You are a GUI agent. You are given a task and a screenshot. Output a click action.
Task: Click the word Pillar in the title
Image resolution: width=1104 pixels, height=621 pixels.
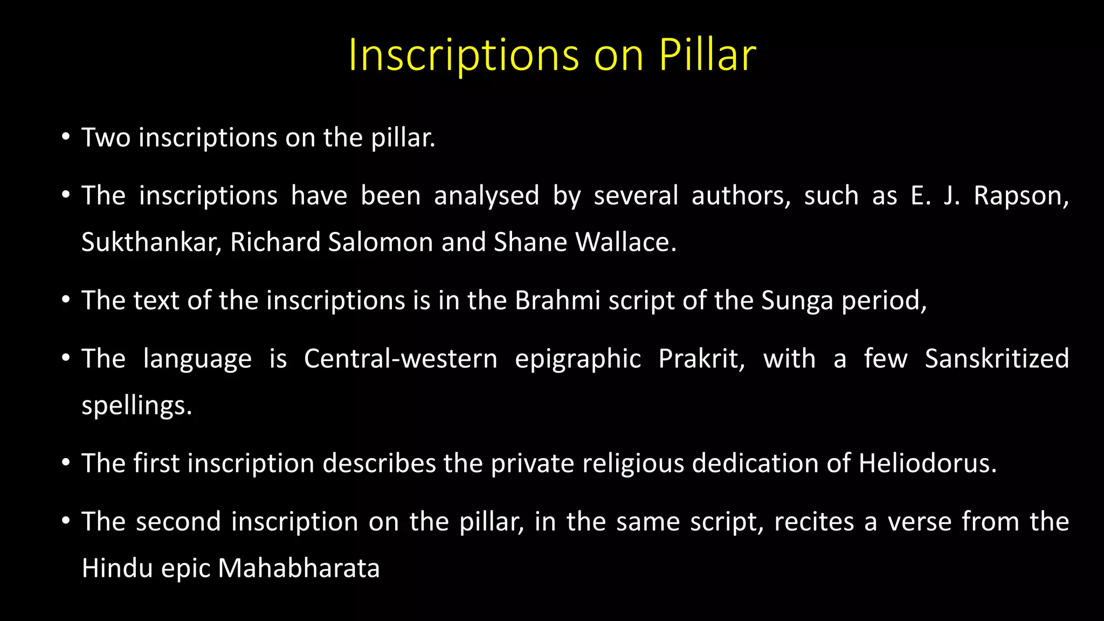coord(707,55)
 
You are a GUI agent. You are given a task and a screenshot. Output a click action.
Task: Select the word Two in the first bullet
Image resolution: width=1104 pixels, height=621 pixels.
coord(106,138)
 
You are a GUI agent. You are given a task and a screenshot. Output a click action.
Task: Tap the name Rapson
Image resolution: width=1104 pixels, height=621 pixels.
coord(1021,196)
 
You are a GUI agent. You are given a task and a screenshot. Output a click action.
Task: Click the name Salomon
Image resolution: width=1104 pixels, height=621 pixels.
coord(381,242)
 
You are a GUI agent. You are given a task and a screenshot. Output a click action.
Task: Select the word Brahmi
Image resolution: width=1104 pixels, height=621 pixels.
coord(557,300)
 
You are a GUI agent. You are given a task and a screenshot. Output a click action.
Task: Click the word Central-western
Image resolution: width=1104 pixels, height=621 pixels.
coord(401,358)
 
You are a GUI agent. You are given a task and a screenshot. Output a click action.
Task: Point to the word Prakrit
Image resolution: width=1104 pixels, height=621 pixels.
coord(701,358)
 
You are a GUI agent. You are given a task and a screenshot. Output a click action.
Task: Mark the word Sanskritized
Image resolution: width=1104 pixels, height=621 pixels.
coord(997,358)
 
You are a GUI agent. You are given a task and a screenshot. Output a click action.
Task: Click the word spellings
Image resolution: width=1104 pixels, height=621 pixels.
coord(136,406)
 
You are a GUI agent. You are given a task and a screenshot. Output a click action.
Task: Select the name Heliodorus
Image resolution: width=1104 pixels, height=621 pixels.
coord(927,464)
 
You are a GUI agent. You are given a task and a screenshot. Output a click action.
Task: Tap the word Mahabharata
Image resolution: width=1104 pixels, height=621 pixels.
coord(299,568)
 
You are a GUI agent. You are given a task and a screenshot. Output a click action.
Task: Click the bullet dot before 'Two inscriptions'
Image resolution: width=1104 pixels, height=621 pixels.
coord(66,137)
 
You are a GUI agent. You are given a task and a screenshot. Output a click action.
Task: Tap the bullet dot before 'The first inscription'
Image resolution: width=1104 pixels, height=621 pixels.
coord(66,463)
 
